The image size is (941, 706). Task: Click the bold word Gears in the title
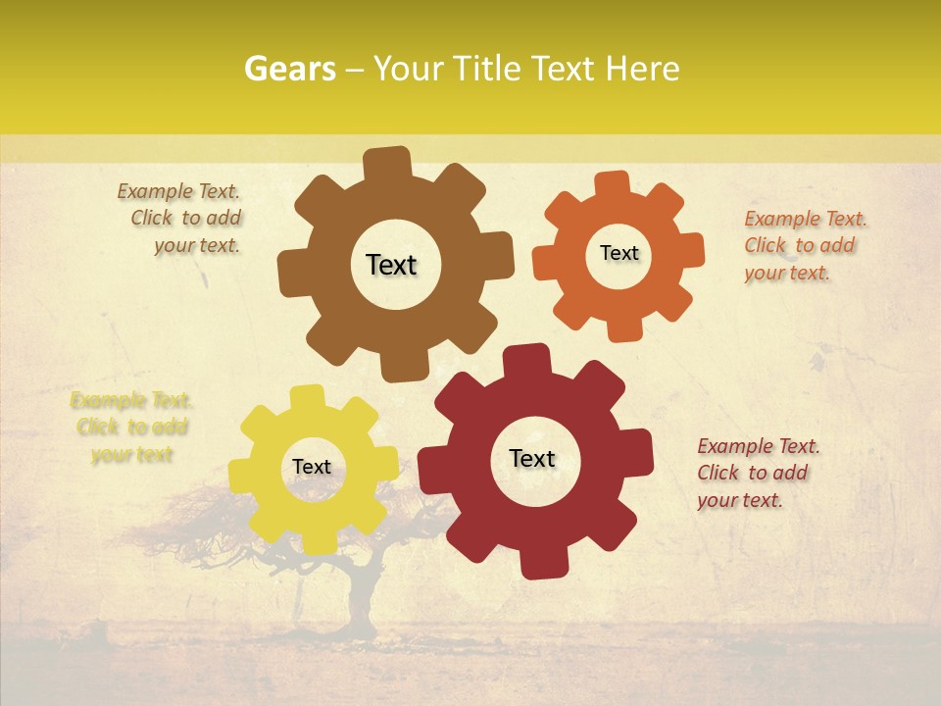(x=289, y=69)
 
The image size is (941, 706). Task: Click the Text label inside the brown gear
(x=391, y=265)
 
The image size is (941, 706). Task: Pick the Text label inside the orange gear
(x=619, y=253)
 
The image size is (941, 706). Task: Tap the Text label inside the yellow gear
(x=312, y=467)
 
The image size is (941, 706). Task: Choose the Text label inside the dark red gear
(x=532, y=458)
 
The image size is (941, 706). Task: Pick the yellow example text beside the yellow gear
(x=131, y=427)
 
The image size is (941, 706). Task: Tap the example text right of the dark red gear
(x=755, y=473)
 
